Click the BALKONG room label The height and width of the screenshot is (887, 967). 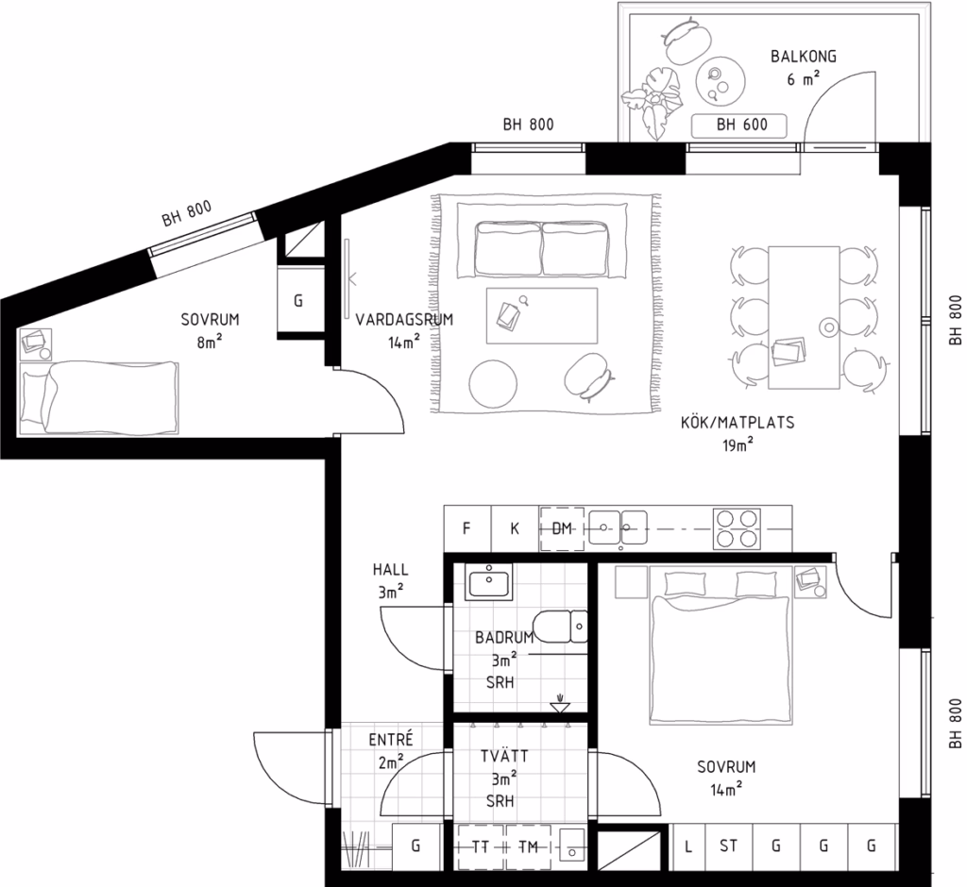(803, 57)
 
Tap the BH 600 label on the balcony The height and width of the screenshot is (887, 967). (742, 126)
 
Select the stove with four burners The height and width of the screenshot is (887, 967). (737, 528)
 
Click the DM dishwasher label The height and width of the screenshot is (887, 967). (562, 528)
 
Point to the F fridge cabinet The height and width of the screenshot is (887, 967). (467, 528)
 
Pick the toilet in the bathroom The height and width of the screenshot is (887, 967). (560, 627)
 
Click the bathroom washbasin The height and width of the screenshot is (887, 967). (489, 581)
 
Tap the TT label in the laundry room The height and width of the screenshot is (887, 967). (481, 847)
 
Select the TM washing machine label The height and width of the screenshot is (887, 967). (528, 847)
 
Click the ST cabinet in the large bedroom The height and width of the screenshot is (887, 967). (728, 846)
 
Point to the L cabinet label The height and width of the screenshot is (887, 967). (687, 846)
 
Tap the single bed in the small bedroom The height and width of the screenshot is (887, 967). (99, 398)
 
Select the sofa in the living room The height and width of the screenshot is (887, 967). (542, 250)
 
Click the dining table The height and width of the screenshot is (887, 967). (805, 317)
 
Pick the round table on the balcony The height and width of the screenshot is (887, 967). (721, 81)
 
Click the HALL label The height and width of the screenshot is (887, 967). (390, 570)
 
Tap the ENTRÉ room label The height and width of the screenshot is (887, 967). (390, 740)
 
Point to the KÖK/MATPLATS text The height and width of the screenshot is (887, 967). (738, 423)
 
